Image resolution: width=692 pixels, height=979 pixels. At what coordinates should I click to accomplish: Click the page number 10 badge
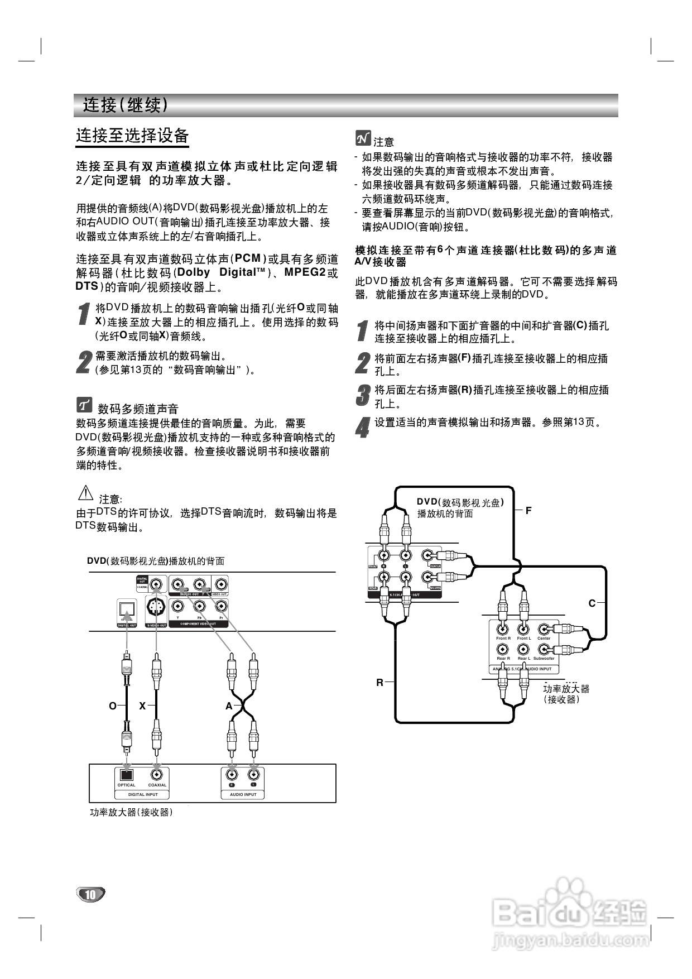tap(90, 894)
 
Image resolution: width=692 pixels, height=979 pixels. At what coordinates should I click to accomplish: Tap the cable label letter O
tap(113, 706)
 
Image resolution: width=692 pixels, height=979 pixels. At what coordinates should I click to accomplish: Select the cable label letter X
tap(142, 706)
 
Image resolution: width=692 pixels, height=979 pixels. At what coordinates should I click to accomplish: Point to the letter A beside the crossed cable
tap(229, 706)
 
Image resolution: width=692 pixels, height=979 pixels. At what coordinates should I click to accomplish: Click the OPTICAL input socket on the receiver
tap(126, 775)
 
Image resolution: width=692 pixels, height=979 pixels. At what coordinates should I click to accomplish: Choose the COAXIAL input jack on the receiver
tap(157, 775)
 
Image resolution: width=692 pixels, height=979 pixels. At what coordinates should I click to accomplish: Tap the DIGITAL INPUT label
tap(143, 794)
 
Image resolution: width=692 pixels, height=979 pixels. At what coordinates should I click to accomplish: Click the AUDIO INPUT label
tap(243, 794)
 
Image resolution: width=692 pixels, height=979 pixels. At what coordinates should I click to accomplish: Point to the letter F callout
tap(528, 510)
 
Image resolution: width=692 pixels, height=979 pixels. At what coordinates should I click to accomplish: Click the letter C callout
tap(592, 603)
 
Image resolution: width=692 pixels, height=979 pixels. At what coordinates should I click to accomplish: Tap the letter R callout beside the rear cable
tap(379, 682)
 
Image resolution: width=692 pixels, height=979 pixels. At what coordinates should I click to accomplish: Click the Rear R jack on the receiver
tap(503, 649)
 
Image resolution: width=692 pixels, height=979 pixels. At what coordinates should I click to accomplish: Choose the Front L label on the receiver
tap(523, 639)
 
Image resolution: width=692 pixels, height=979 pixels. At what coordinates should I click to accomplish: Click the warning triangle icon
tap(85, 493)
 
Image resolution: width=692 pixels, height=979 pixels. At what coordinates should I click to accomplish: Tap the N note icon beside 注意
tap(363, 138)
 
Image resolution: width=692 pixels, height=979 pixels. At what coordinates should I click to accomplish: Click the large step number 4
tap(362, 428)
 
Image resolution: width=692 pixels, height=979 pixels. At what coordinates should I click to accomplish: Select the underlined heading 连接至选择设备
tap(132, 136)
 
